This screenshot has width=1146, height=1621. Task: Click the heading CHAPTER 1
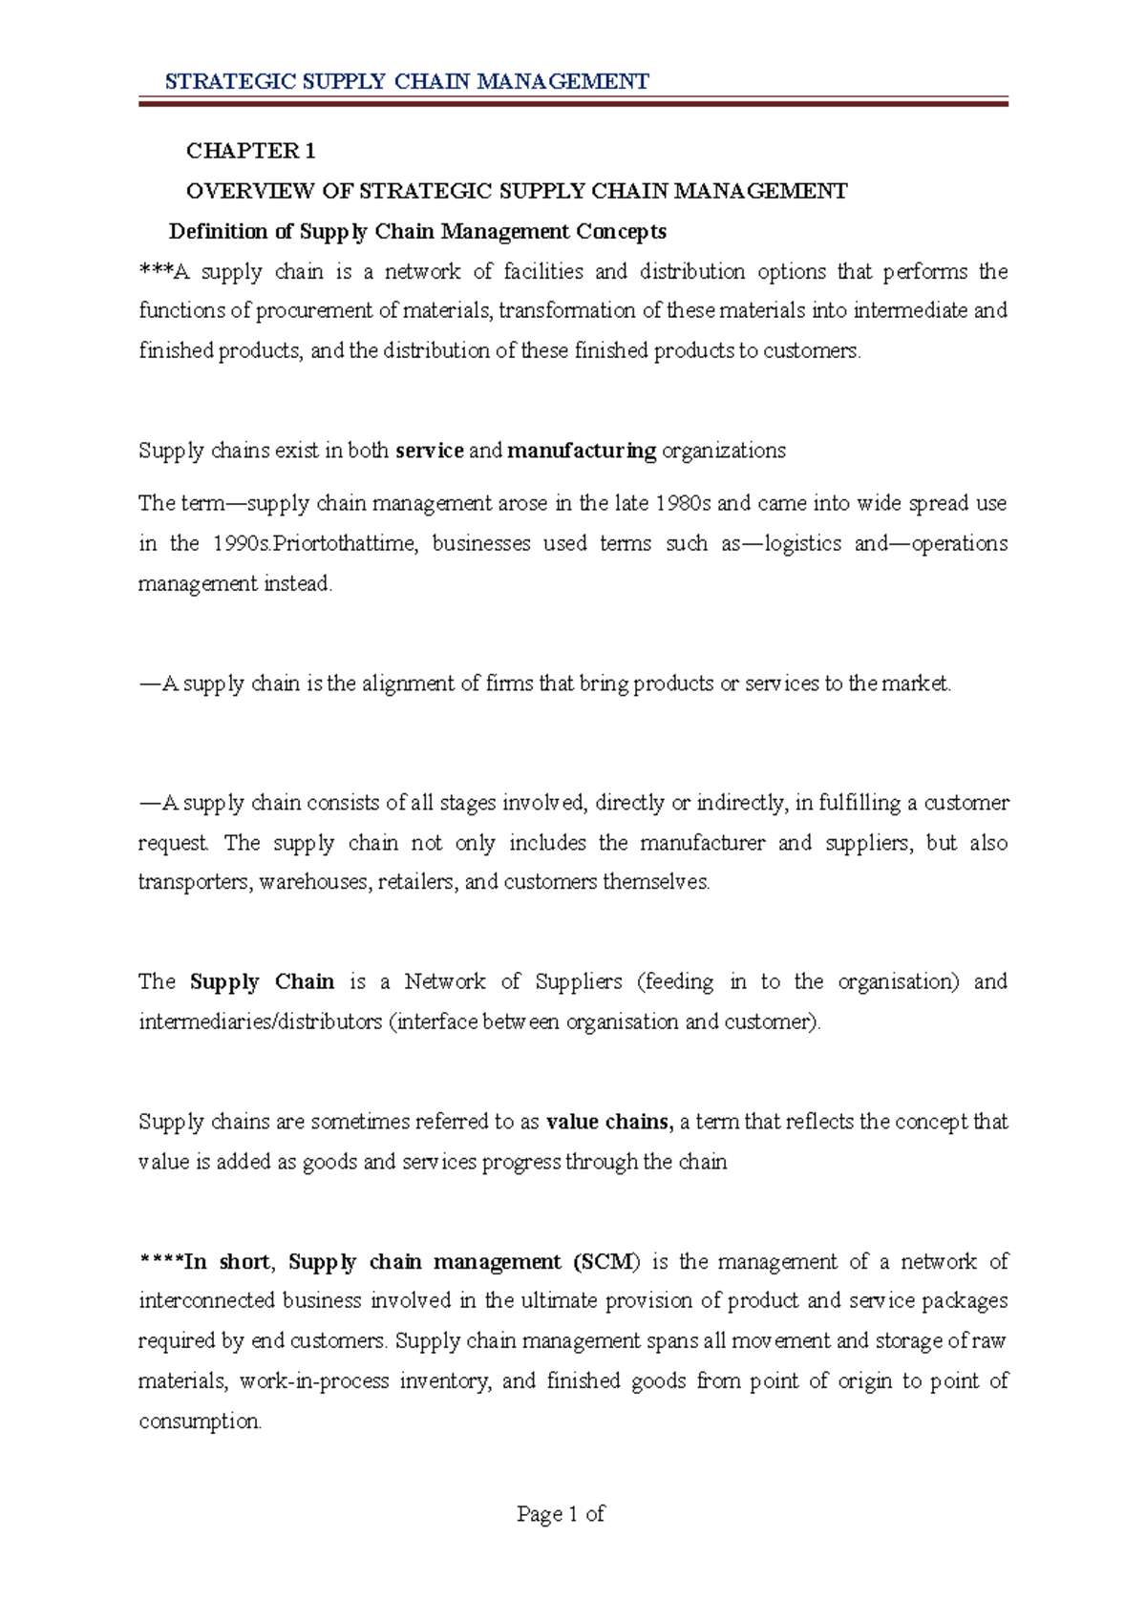[250, 151]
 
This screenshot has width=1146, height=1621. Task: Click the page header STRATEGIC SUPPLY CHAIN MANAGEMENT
[407, 81]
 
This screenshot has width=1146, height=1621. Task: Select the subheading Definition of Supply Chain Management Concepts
[417, 232]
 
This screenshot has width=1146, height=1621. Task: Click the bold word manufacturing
[582, 451]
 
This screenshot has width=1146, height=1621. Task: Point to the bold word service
[429, 451]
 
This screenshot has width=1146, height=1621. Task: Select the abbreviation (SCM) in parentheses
[606, 1262]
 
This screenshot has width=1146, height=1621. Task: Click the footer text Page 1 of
[561, 1514]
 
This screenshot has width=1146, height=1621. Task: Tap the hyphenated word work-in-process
[314, 1381]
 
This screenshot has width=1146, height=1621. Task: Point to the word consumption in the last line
[199, 1421]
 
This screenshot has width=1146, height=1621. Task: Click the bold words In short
[226, 1262]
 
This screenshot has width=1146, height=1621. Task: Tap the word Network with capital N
[445, 982]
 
